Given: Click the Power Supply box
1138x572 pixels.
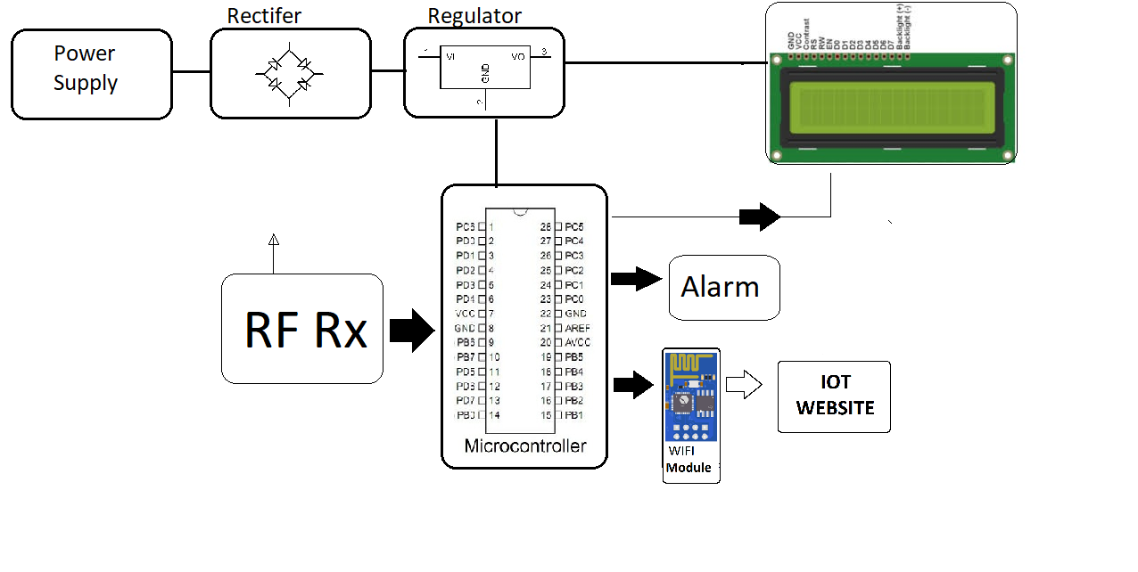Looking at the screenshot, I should click(91, 74).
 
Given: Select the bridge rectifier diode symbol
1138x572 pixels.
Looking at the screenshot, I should click(289, 75).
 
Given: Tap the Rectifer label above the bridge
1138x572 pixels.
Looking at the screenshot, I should click(264, 15).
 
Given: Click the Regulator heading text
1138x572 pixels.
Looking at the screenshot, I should click(474, 15).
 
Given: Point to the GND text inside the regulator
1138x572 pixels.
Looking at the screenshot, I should click(485, 73).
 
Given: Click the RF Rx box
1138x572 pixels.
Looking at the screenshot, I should click(302, 329).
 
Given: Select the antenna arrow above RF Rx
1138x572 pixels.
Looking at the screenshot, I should click(273, 240).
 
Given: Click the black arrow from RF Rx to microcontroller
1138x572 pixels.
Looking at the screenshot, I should click(411, 331).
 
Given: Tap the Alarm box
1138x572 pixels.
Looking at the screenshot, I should click(723, 287).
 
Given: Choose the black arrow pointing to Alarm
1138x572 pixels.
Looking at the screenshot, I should click(637, 278).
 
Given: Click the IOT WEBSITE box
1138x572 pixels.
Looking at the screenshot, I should click(834, 396).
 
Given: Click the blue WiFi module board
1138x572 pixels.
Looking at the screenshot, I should click(690, 396).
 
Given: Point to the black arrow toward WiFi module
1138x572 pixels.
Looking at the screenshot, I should click(635, 385).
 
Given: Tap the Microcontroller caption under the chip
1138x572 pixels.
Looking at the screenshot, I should click(525, 445).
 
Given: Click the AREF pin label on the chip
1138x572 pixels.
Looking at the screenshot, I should click(577, 328).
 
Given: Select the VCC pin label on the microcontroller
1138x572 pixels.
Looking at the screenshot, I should click(466, 314).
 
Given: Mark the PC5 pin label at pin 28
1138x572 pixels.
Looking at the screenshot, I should click(574, 226).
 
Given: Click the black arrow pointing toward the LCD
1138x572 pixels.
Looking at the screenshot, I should click(759, 217).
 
